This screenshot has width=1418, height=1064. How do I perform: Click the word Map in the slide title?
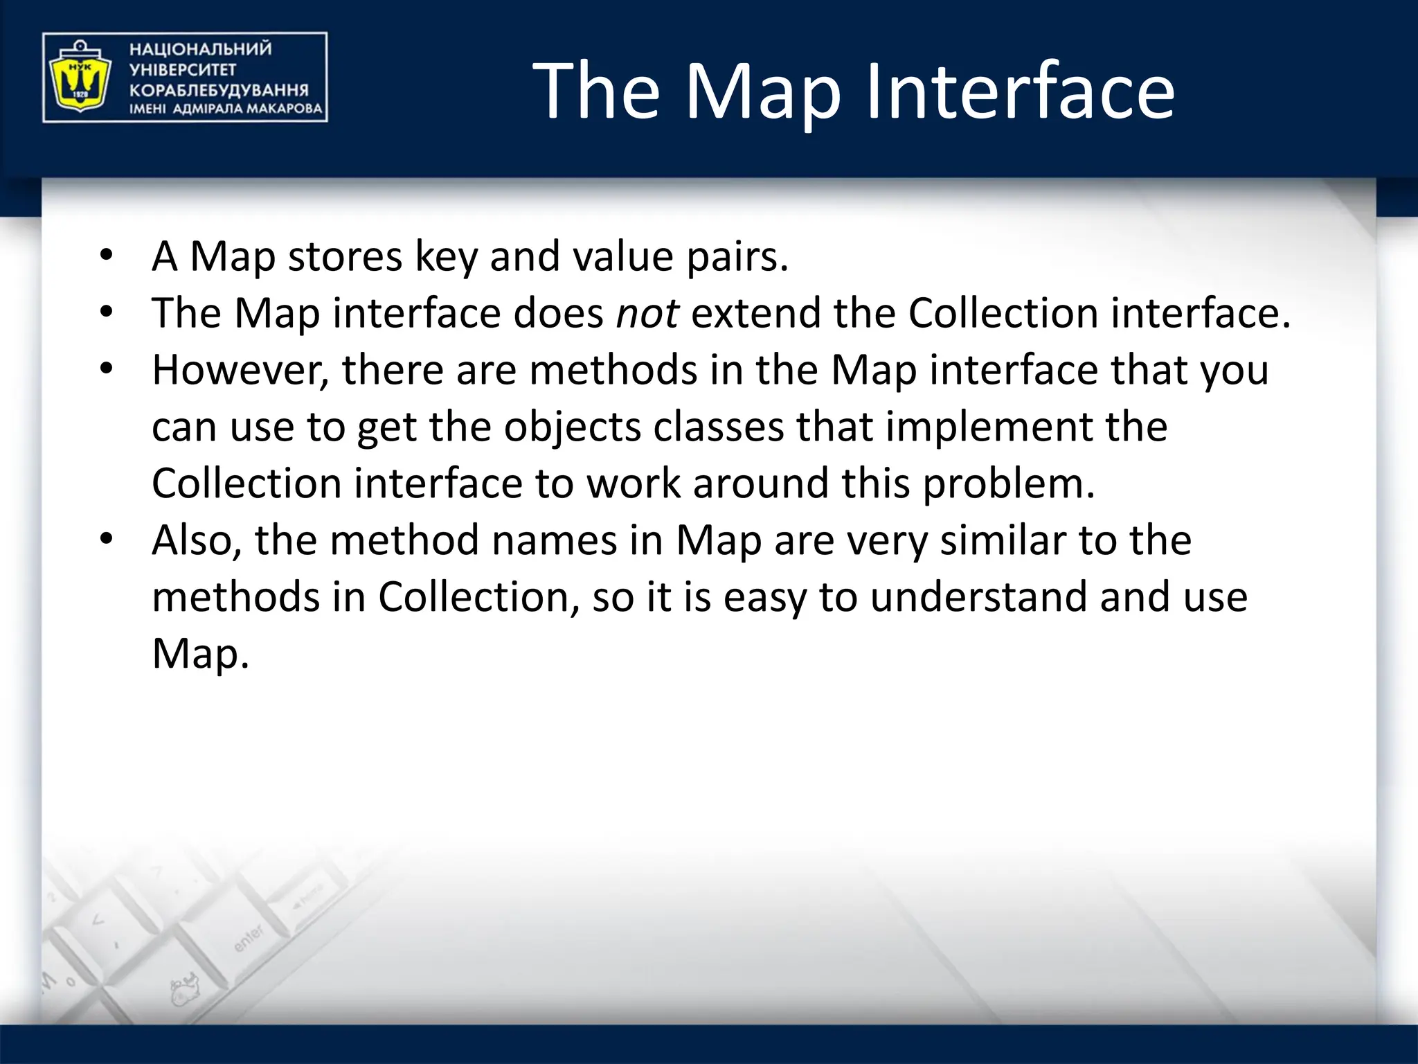tap(762, 91)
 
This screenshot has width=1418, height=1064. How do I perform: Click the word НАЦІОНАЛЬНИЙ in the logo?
tap(200, 49)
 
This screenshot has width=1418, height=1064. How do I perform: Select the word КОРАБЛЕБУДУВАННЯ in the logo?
tap(219, 90)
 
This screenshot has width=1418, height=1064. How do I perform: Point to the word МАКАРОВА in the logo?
tap(285, 109)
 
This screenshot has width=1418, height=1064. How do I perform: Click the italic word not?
tap(647, 313)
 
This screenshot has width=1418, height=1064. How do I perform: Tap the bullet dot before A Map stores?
tap(106, 256)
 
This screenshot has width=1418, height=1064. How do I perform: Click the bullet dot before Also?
tap(106, 539)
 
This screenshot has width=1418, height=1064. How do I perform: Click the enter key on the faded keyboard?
tap(249, 938)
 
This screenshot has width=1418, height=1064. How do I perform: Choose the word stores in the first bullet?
tap(344, 257)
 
